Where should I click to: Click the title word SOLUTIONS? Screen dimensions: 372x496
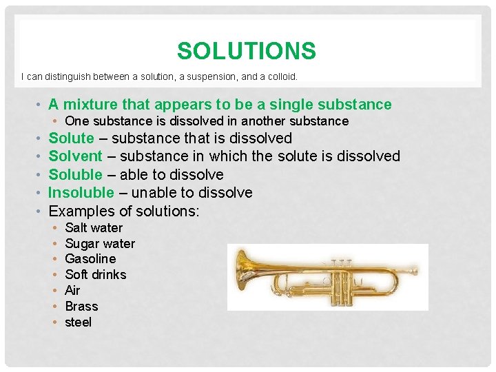[x=246, y=51]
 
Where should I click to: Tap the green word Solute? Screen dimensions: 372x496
[x=71, y=138]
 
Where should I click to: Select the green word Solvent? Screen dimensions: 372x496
[x=75, y=156]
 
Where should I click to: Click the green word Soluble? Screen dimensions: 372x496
[x=75, y=174]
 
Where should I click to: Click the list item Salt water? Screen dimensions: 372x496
[x=93, y=227]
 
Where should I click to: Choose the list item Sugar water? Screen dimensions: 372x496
[x=100, y=243]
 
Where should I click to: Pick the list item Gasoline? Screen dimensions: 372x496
[x=90, y=259]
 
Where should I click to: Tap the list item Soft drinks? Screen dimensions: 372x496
[x=95, y=275]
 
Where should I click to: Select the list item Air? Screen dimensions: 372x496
[x=72, y=291]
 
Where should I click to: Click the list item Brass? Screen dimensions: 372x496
[x=81, y=307]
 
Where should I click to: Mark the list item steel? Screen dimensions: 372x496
[x=78, y=322]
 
